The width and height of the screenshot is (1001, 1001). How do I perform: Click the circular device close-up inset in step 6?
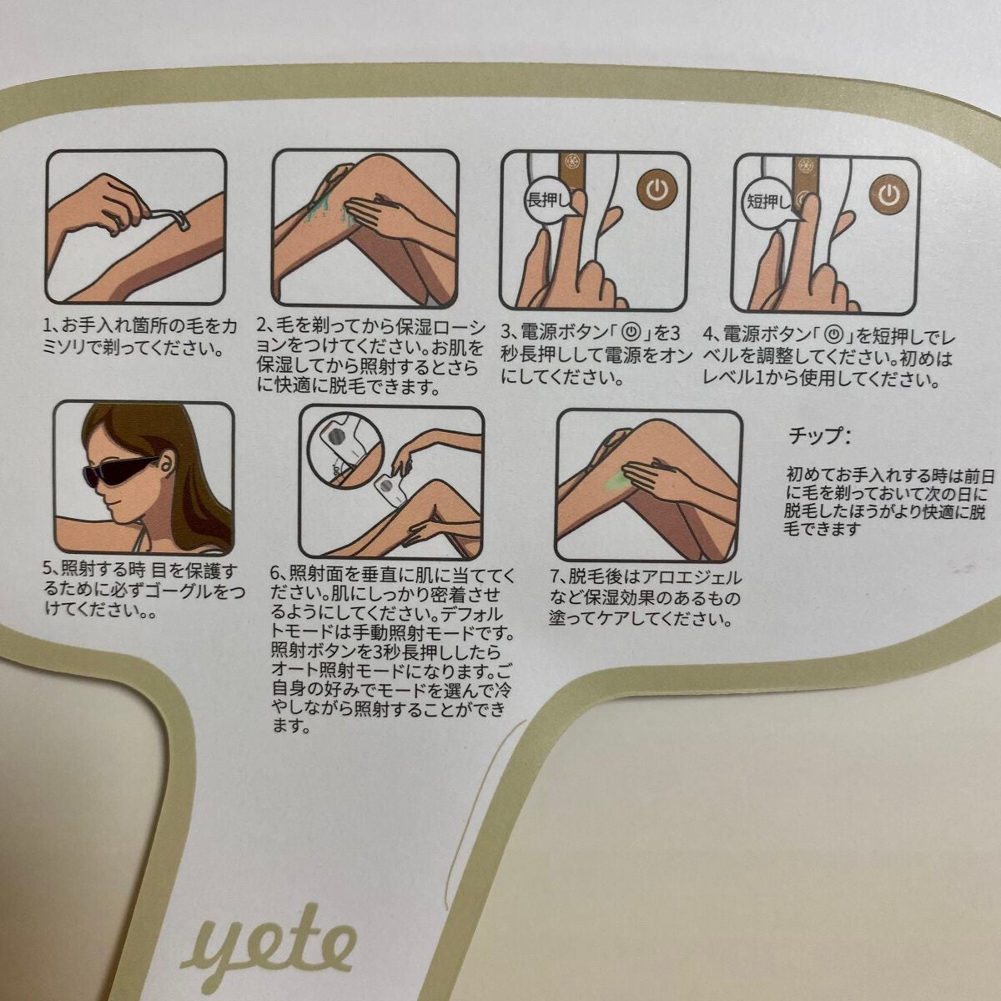tap(339, 439)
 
